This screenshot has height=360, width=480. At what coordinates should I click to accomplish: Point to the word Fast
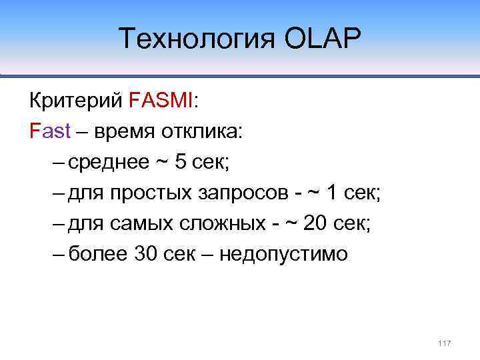coord(51,131)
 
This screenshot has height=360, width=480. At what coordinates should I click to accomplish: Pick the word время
coord(123,131)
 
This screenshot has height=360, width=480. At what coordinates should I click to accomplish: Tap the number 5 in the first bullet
coord(181,161)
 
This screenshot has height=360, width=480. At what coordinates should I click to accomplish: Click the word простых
coord(151,193)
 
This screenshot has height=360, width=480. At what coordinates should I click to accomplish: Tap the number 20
coord(316,223)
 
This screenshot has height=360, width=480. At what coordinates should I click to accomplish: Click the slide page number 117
coord(445,343)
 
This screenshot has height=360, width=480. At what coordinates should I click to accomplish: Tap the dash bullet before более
coord(57,254)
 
